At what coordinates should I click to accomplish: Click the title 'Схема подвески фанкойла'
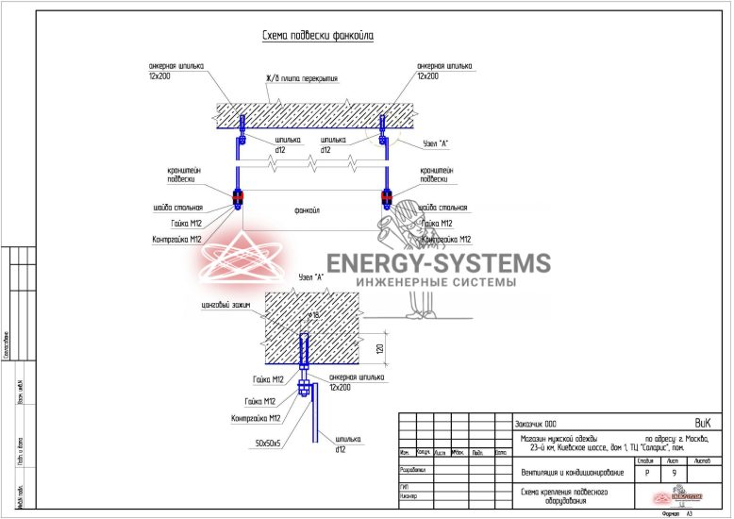[x=317, y=36]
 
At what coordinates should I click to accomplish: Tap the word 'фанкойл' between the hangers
[x=308, y=209]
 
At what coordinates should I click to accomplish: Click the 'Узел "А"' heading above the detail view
[x=310, y=277]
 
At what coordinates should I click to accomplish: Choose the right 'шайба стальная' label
[x=443, y=208]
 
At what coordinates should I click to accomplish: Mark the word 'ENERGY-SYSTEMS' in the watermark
[x=437, y=263]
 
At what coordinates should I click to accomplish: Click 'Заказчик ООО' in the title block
[x=539, y=423]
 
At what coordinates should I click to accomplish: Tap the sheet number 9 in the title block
[x=674, y=472]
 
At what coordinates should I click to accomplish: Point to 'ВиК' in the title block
[x=703, y=422]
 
